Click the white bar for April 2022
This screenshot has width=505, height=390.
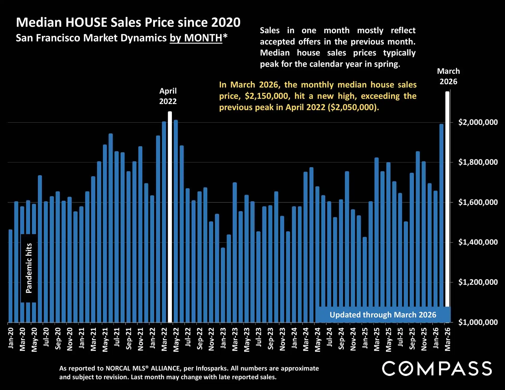(170, 216)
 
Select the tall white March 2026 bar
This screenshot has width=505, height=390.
(447, 198)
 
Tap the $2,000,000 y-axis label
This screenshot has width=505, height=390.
(478, 122)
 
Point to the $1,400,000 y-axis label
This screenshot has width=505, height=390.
(478, 242)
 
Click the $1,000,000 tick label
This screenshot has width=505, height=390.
(478, 322)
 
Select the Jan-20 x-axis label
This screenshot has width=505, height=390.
(11, 338)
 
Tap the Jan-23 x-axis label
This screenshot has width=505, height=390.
(223, 338)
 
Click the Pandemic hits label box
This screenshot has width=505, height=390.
(29, 268)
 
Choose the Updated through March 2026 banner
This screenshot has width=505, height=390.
(383, 315)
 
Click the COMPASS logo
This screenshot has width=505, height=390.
(437, 368)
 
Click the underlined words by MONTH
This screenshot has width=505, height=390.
(196, 38)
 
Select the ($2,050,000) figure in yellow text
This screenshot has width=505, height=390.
(353, 107)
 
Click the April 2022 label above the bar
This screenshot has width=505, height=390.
(168, 96)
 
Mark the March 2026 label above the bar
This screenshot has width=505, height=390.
(448, 76)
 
